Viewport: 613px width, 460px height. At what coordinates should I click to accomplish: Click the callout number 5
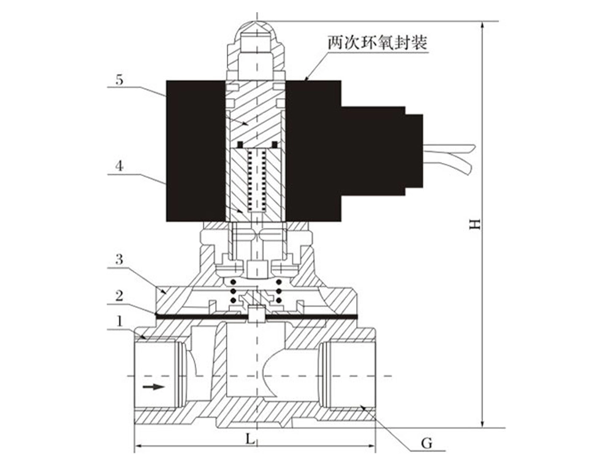tap(119, 80)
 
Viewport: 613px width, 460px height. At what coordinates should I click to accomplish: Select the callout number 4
tap(119, 165)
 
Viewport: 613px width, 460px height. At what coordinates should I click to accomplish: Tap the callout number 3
tap(119, 260)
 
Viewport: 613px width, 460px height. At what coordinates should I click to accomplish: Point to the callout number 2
tap(119, 294)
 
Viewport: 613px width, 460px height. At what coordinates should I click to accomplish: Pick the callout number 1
tap(119, 320)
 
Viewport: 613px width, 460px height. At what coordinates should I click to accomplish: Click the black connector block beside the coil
tap(380, 150)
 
